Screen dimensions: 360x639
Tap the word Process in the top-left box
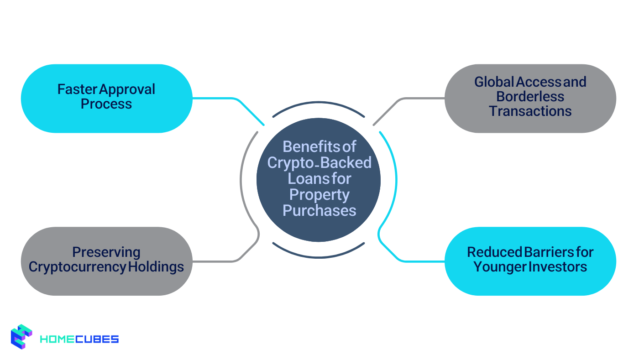[x=106, y=104]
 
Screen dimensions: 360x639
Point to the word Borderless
[x=530, y=96]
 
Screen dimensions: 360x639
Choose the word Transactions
[x=530, y=111]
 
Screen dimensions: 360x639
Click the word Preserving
[x=106, y=252]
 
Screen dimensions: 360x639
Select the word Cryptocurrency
[x=77, y=266]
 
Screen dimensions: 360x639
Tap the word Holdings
[x=156, y=266]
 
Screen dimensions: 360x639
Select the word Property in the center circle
[x=319, y=194]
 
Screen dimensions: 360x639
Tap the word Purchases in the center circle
[x=319, y=210]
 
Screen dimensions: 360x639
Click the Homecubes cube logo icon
[x=21, y=337]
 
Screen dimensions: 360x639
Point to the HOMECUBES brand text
[x=79, y=339]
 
